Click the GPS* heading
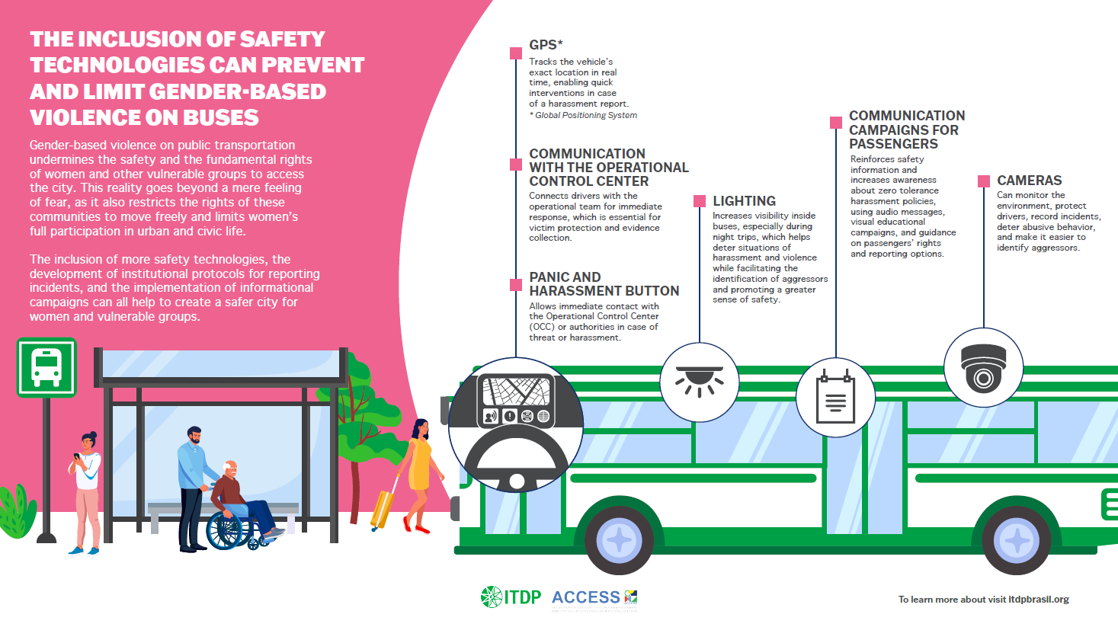(546, 45)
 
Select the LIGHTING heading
(744, 201)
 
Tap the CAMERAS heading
(1029, 181)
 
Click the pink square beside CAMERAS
(983, 181)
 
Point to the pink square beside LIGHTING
(700, 201)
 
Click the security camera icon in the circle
(983, 369)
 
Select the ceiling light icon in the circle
(699, 382)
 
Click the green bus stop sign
(46, 368)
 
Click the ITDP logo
(511, 597)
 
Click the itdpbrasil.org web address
(1038, 600)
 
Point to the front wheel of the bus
(618, 540)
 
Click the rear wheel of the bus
(1016, 540)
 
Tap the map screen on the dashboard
(517, 392)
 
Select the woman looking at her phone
(86, 488)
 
